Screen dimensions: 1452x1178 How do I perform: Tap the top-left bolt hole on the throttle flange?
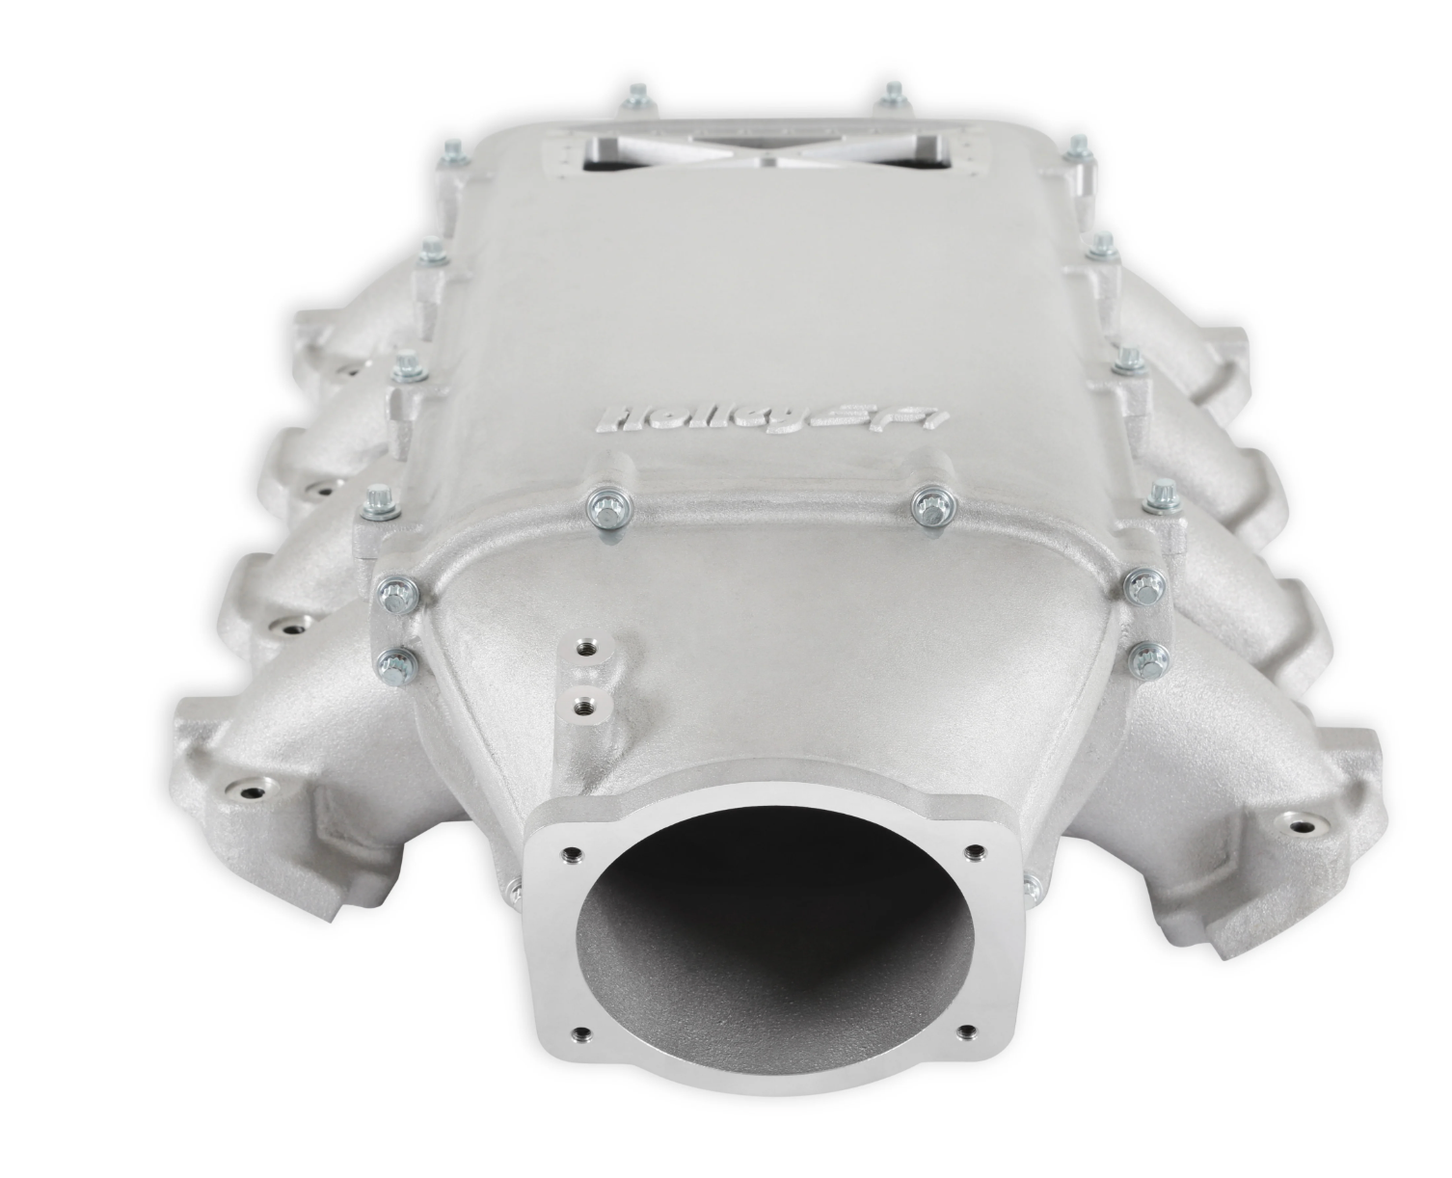click(x=572, y=853)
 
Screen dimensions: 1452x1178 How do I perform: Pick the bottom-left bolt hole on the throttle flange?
click(x=579, y=1050)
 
